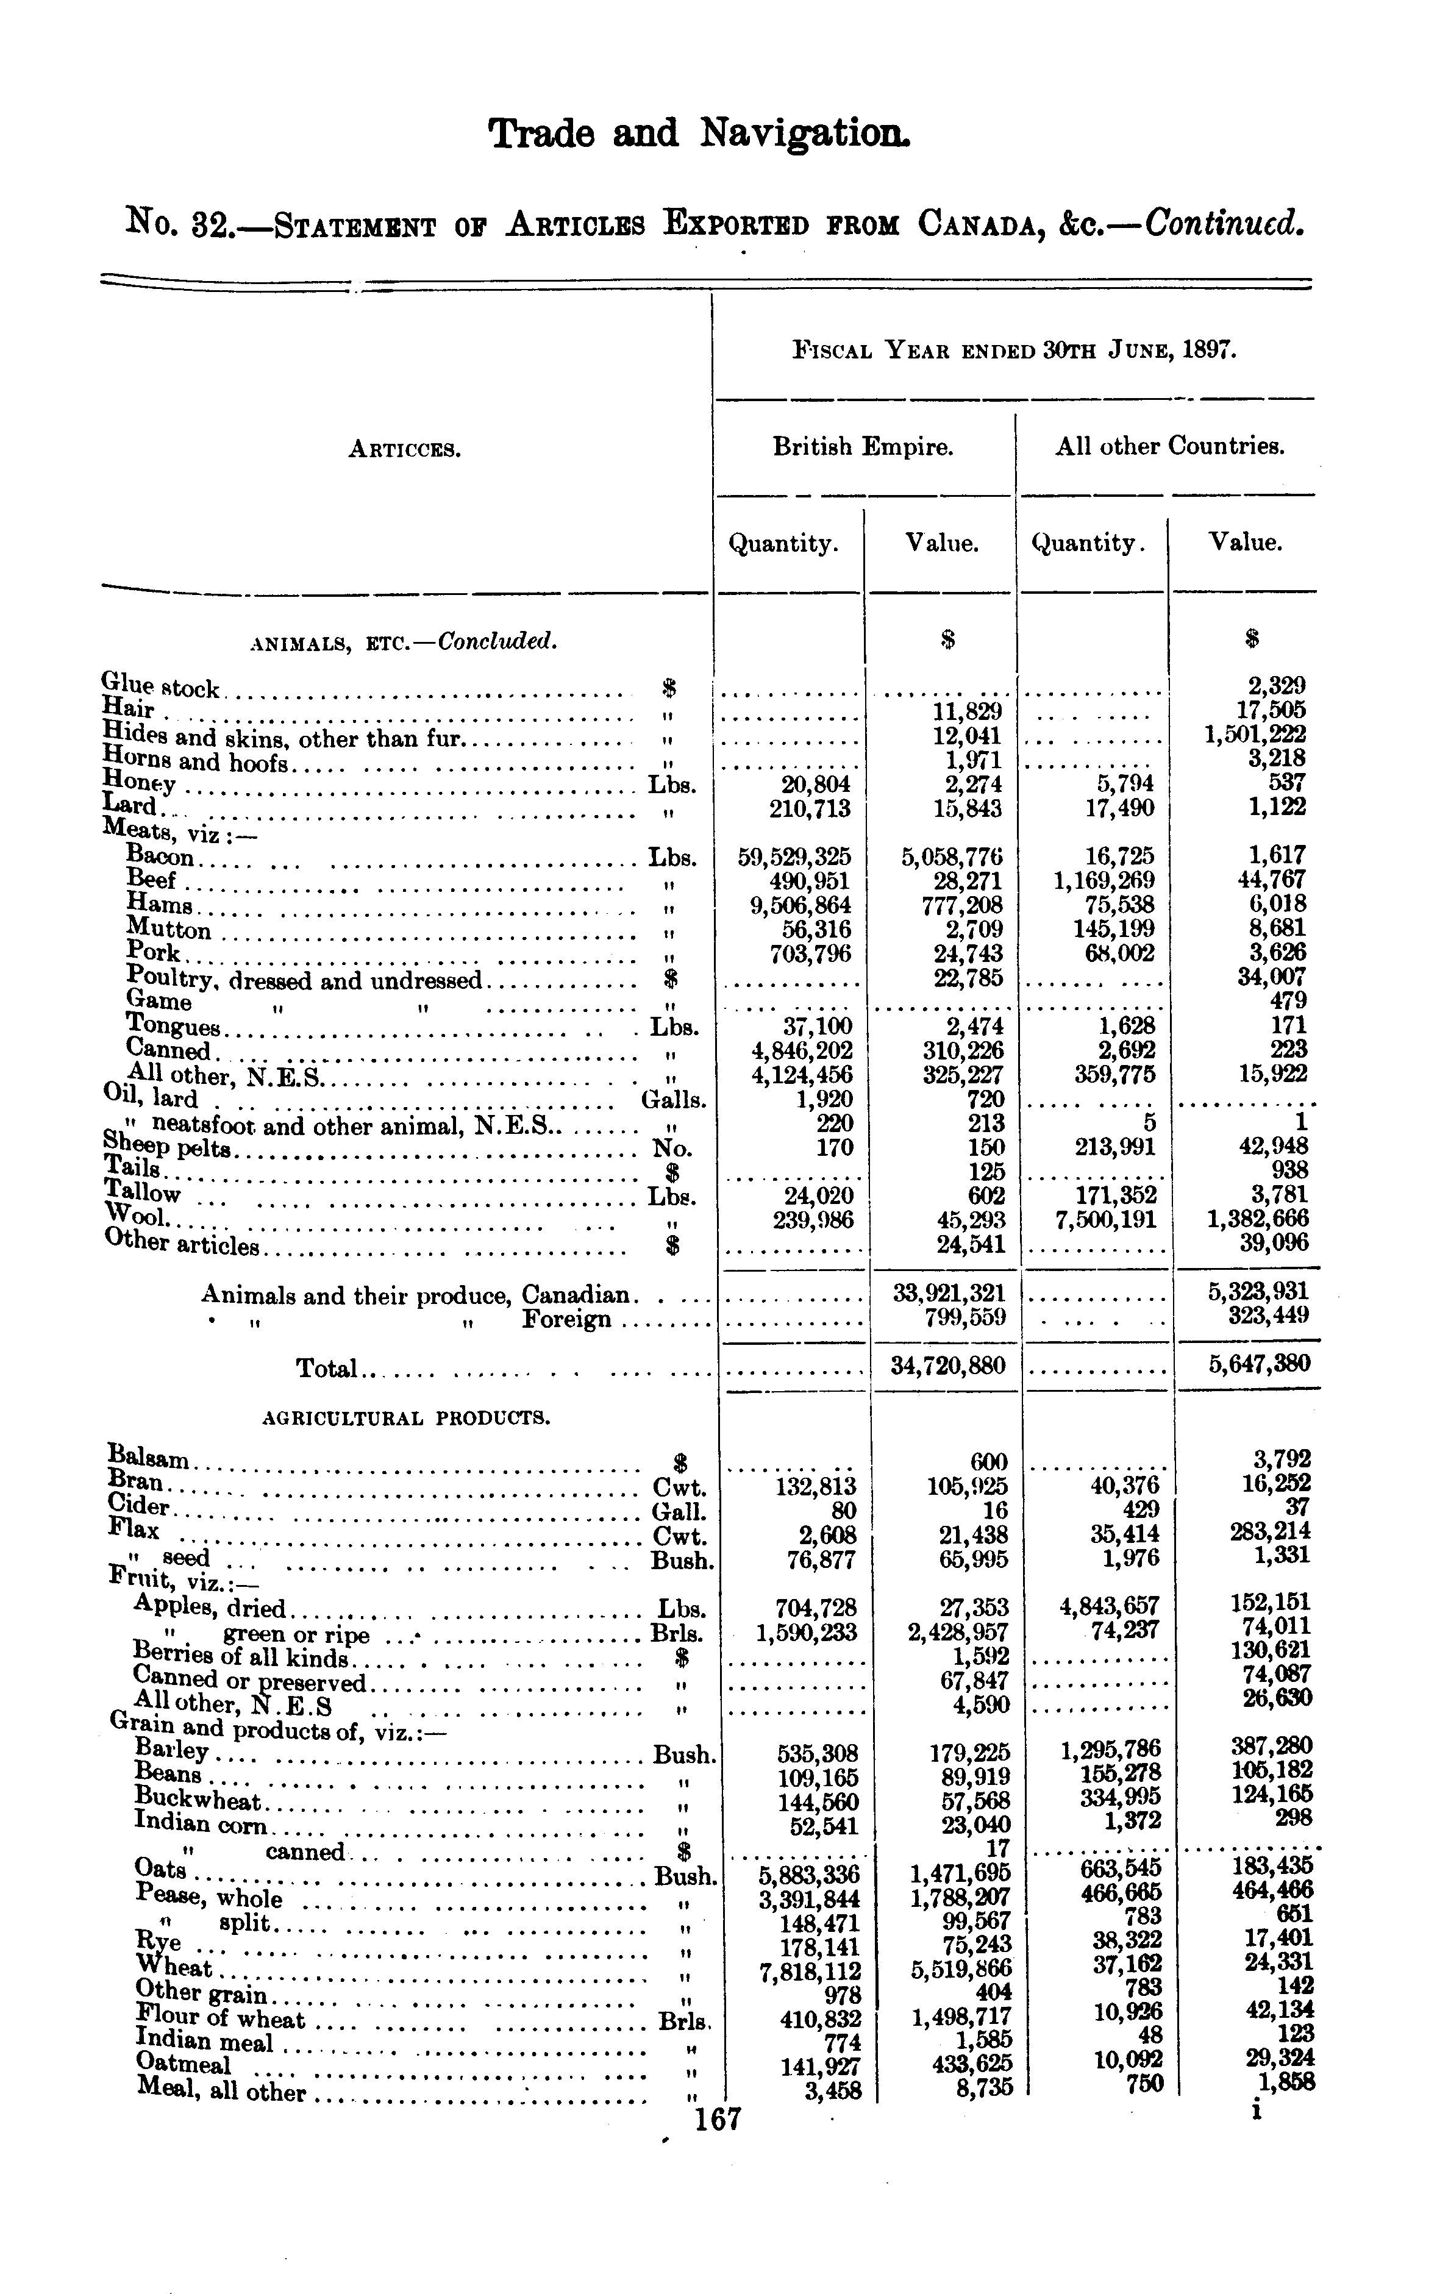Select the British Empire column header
(x=862, y=447)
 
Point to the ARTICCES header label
(x=404, y=449)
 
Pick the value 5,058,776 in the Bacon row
(x=951, y=856)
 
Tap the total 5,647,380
(x=1258, y=1364)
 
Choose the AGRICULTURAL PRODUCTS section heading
(x=406, y=1419)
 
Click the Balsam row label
(x=149, y=1457)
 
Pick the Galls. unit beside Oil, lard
(x=674, y=1100)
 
